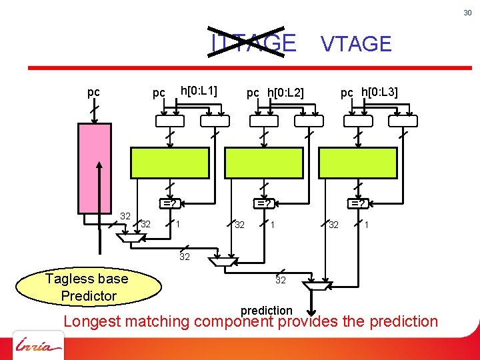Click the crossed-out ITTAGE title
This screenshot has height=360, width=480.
tap(253, 43)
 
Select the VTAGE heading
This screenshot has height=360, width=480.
tap(356, 44)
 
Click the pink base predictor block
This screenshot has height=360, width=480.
tap(95, 167)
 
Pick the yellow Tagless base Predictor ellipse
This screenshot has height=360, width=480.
tap(89, 287)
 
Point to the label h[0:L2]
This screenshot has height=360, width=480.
tap(285, 93)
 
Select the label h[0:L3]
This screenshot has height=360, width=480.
tap(379, 91)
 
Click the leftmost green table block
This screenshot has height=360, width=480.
tap(170, 161)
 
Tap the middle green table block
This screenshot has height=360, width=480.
tap(264, 161)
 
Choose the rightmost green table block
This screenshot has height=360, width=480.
tap(358, 161)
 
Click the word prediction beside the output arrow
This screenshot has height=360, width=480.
tap(266, 310)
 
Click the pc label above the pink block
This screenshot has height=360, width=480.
tap(94, 92)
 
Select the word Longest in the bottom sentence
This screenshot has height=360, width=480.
tap(91, 321)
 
